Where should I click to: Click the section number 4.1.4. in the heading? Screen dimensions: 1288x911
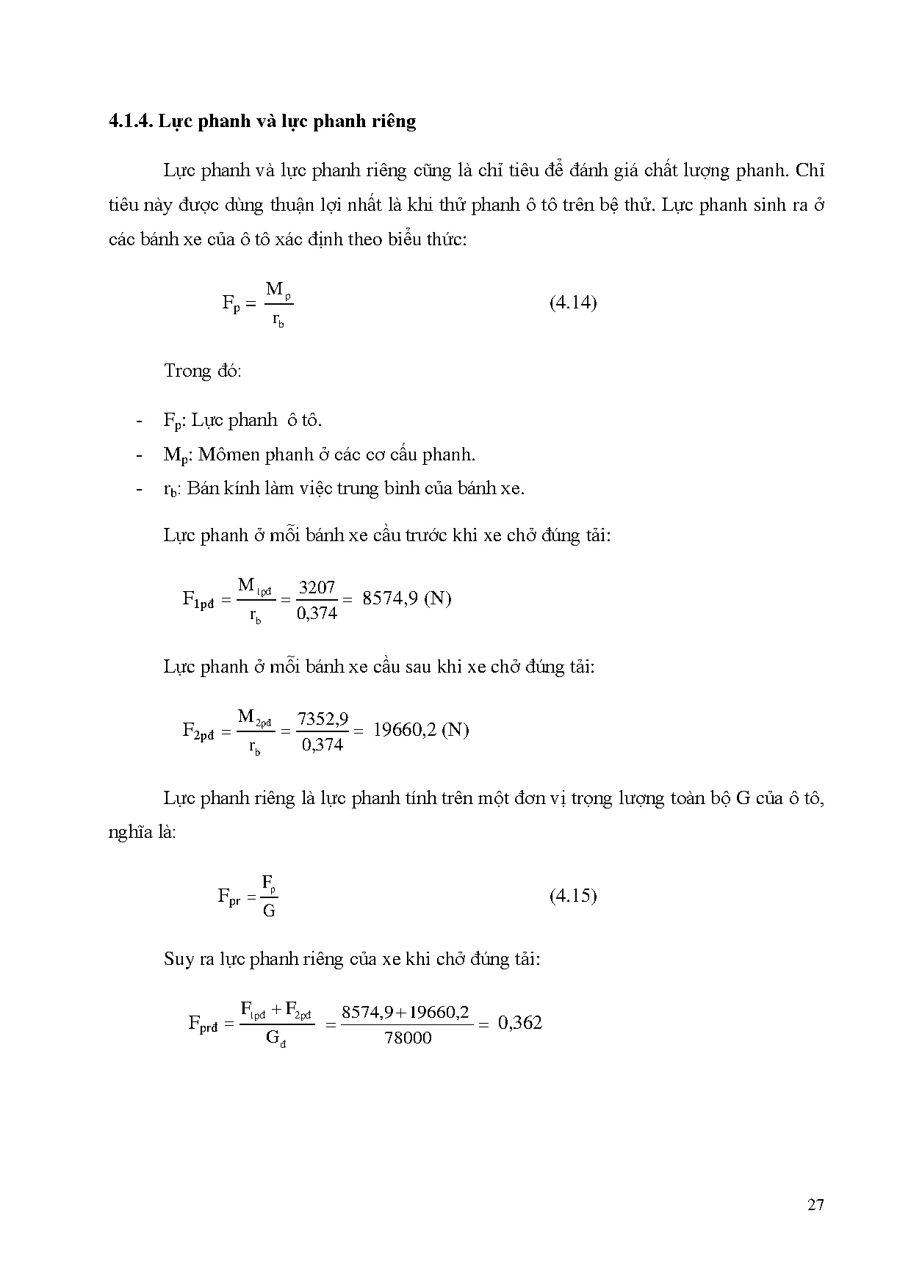click(x=130, y=120)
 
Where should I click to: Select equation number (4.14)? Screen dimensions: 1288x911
click(x=572, y=303)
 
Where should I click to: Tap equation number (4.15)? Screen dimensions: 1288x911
click(x=572, y=895)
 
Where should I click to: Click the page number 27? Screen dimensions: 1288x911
click(x=815, y=1205)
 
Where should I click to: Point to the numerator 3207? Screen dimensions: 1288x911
click(x=317, y=587)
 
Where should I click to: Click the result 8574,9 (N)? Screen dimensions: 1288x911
click(x=406, y=598)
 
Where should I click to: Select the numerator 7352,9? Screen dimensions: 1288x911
click(x=323, y=719)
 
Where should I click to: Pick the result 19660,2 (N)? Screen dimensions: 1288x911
click(x=421, y=730)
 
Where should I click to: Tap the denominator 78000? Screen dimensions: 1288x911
click(x=408, y=1038)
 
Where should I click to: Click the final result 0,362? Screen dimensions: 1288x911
click(x=520, y=1023)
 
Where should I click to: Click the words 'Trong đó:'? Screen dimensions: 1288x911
click(x=202, y=370)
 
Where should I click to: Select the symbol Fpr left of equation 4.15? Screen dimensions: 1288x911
click(x=228, y=897)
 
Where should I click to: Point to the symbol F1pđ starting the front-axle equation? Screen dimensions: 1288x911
click(x=198, y=599)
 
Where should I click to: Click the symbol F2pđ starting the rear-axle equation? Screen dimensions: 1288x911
click(x=198, y=731)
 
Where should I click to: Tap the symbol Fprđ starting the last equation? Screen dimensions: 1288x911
click(x=204, y=1024)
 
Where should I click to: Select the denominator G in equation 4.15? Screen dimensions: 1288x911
click(x=269, y=911)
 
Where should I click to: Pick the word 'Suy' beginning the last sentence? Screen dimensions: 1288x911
click(x=179, y=959)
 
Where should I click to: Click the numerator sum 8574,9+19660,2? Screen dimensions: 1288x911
click(x=406, y=1012)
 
